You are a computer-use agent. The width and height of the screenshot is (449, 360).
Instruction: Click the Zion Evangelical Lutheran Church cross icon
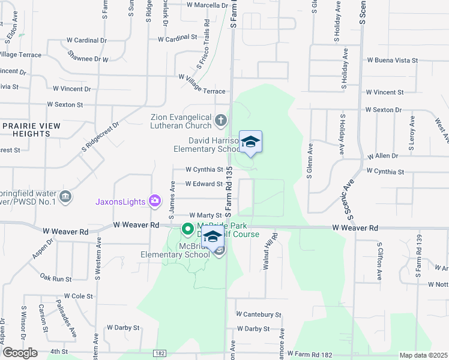(221, 121)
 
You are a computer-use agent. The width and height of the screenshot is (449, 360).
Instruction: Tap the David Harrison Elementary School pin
(250, 142)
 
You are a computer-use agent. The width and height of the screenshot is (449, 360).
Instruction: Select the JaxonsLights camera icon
(155, 201)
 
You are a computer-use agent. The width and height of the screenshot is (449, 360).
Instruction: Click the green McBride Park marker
(187, 229)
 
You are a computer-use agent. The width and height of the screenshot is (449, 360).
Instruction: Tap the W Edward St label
(204, 184)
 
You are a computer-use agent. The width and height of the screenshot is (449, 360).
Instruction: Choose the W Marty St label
(206, 215)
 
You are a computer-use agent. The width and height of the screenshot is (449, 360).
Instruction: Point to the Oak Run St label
(56, 278)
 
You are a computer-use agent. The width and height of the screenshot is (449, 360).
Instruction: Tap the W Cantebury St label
(259, 314)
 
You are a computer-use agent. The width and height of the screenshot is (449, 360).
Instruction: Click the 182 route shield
(160, 353)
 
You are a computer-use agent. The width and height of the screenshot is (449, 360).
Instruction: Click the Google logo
(19, 353)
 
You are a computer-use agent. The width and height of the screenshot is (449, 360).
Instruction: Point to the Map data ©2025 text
(423, 355)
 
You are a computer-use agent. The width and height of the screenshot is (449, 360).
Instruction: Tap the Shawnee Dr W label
(88, 59)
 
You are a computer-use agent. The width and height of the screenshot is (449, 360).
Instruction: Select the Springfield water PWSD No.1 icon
(65, 196)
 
